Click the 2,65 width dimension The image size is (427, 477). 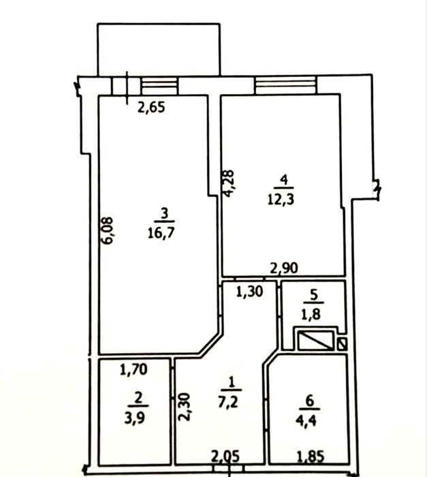[x=151, y=108]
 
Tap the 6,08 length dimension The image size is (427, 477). [x=107, y=230]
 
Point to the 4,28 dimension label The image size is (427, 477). [x=228, y=184]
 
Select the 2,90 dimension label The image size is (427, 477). [x=284, y=268]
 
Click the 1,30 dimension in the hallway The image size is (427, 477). [x=249, y=292]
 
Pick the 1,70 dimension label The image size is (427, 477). [x=133, y=369]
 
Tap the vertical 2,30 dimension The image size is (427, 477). [x=184, y=407]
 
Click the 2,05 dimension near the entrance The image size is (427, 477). [x=225, y=457]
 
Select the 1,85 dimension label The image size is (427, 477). [x=311, y=457]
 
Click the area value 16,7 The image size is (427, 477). [x=161, y=233]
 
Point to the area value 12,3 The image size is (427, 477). [x=281, y=200]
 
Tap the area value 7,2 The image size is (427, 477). [x=228, y=403]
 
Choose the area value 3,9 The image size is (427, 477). [x=135, y=418]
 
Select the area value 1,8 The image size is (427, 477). [x=311, y=314]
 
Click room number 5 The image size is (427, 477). [x=314, y=294]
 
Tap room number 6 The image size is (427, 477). [x=310, y=401]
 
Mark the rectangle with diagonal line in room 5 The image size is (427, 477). [x=315, y=341]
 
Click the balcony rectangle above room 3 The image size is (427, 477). [x=159, y=49]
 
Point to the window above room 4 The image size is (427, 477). [x=285, y=85]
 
